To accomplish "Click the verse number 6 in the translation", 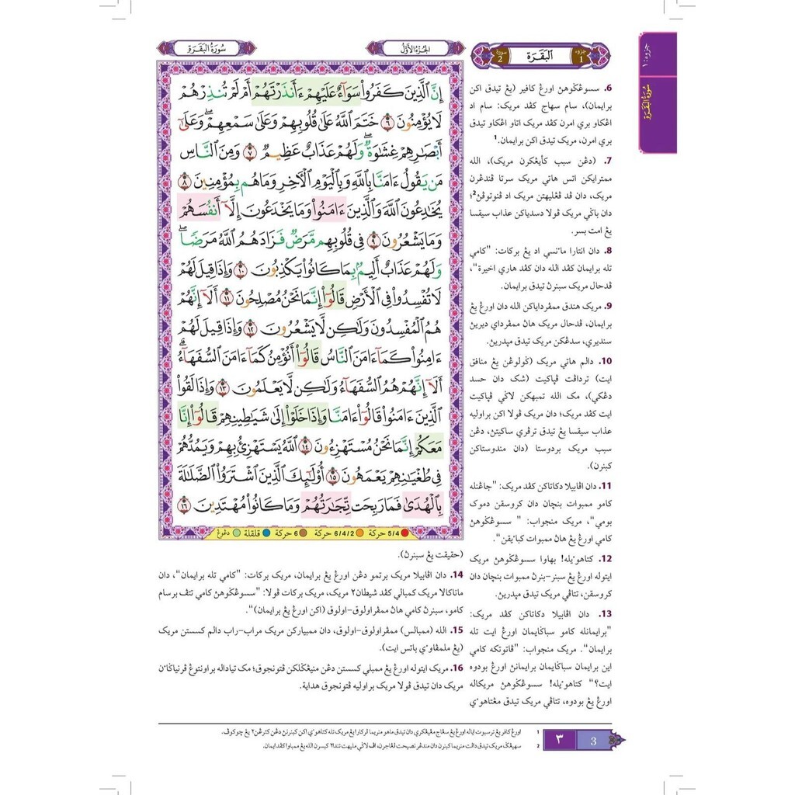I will (x=608, y=89).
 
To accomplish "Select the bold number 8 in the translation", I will (x=609, y=251).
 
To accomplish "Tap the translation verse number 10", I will (x=606, y=360).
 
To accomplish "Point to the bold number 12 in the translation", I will (x=606, y=558).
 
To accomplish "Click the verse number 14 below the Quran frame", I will (x=457, y=575).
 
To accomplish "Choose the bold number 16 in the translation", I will (x=457, y=666).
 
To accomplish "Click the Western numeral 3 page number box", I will (x=592, y=741).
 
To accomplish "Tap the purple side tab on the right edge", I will (x=657, y=92).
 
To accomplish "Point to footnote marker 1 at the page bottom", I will (x=539, y=732).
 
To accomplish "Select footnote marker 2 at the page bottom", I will (x=539, y=745).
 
